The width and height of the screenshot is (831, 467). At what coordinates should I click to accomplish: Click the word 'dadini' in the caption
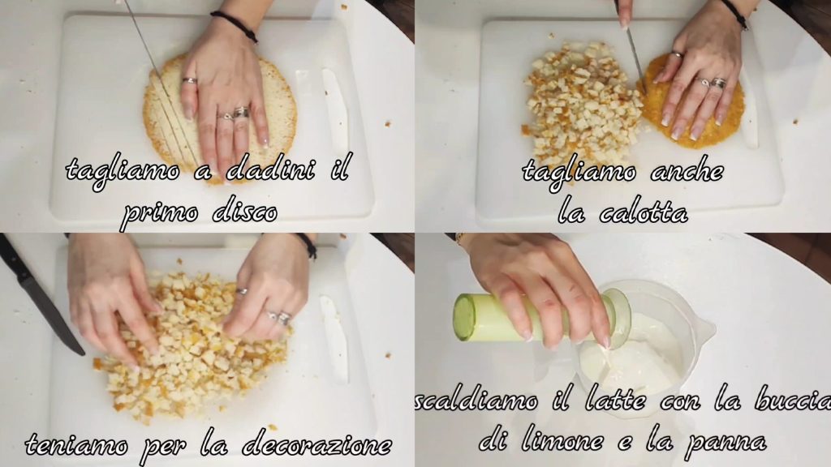tap(269, 170)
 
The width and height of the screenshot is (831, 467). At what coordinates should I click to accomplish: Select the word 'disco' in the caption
tap(244, 212)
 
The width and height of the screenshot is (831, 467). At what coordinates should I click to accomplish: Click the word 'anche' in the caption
tap(687, 171)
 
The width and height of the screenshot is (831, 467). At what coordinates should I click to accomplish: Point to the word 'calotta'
tap(643, 212)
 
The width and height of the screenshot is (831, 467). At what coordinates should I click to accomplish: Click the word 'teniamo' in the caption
tap(76, 444)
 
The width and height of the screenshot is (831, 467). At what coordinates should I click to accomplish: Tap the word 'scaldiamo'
tap(476, 401)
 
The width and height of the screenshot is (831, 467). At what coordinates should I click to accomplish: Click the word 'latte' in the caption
tap(615, 401)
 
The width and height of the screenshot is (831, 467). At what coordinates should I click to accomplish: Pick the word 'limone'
tap(562, 440)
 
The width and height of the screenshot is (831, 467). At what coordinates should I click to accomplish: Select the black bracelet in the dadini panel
tap(234, 25)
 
